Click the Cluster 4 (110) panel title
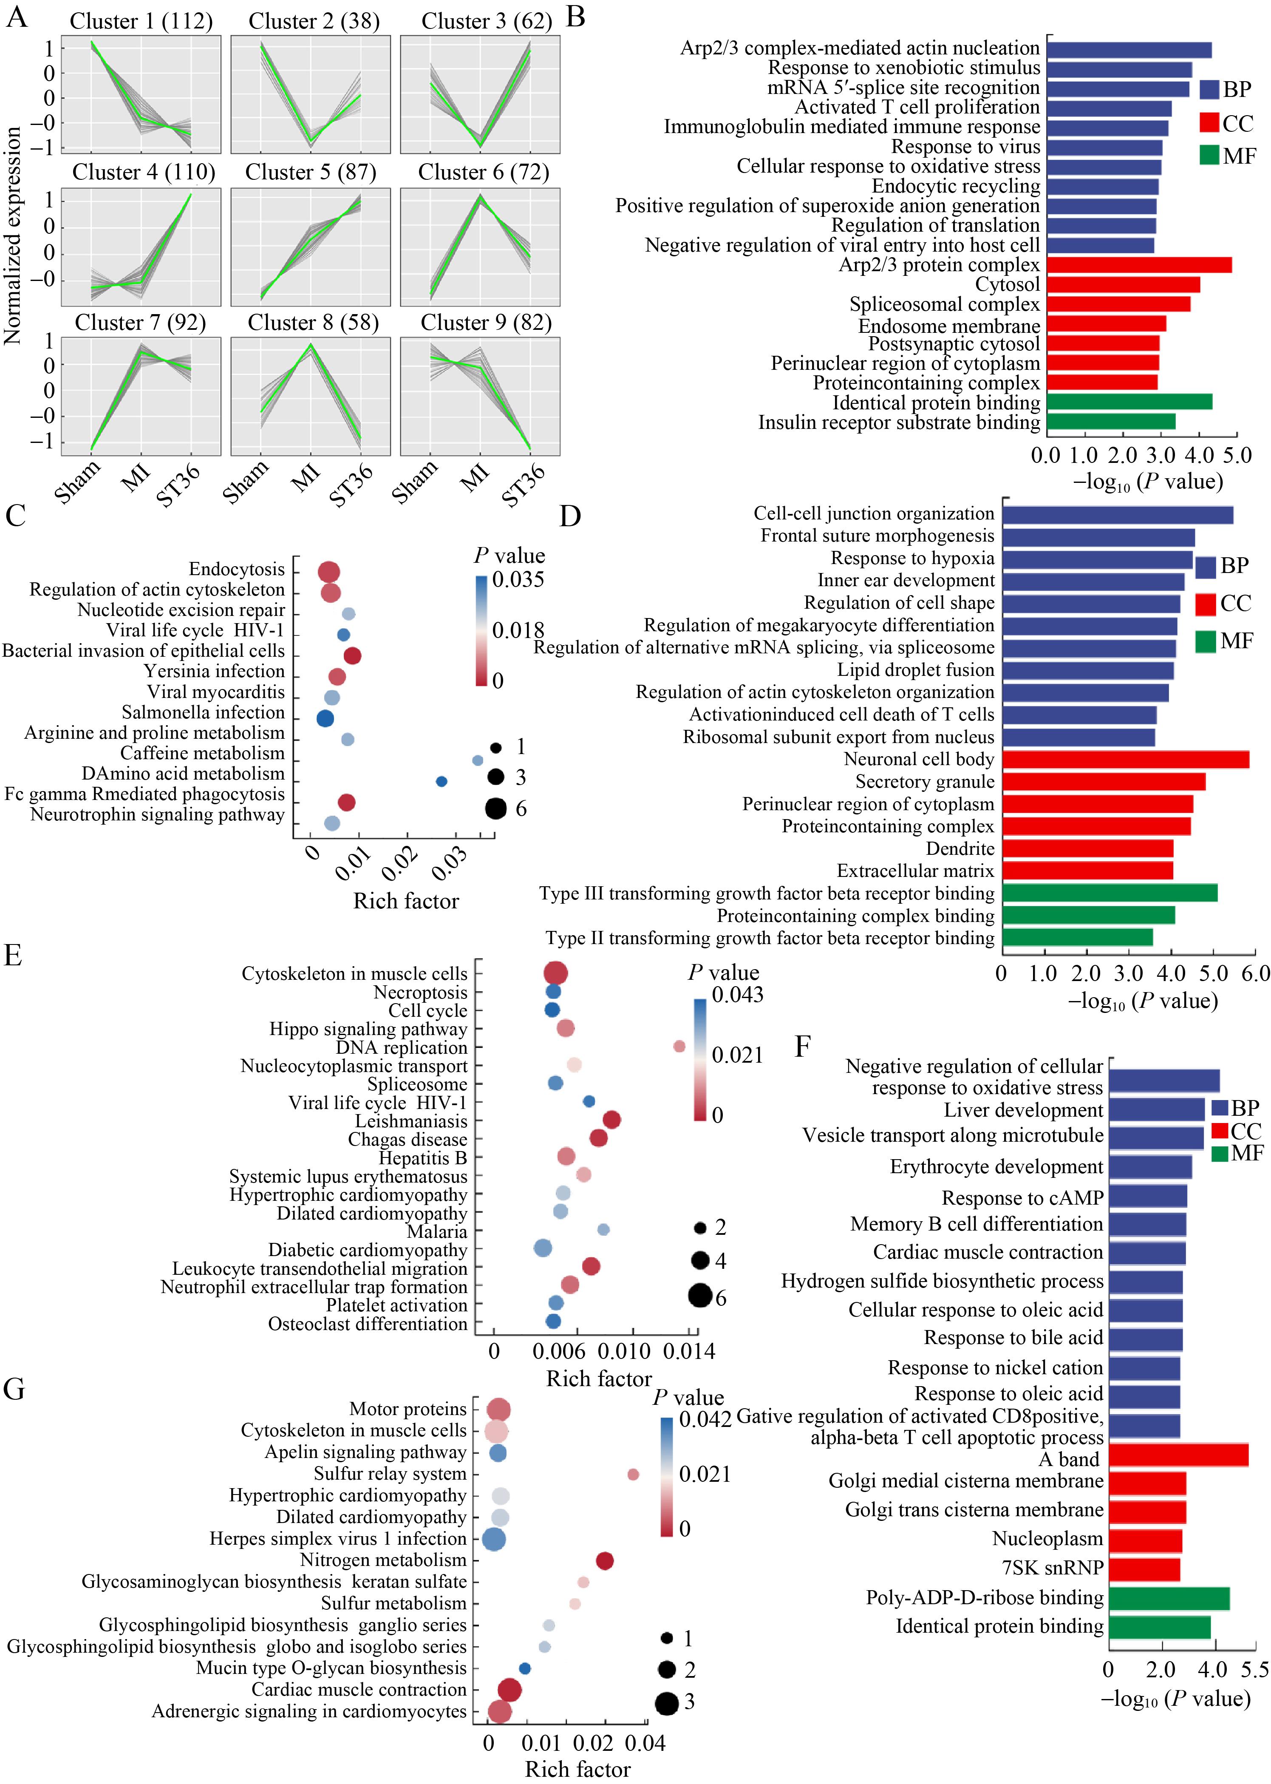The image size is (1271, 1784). pos(144,172)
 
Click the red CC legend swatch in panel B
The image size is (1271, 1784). pos(1209,123)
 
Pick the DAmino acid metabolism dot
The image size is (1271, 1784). pos(442,781)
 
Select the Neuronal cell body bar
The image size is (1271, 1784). pos(1125,759)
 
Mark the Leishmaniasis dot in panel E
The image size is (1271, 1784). pos(612,1120)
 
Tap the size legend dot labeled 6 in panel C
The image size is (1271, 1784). pos(495,808)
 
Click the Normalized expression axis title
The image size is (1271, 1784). pos(12,235)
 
